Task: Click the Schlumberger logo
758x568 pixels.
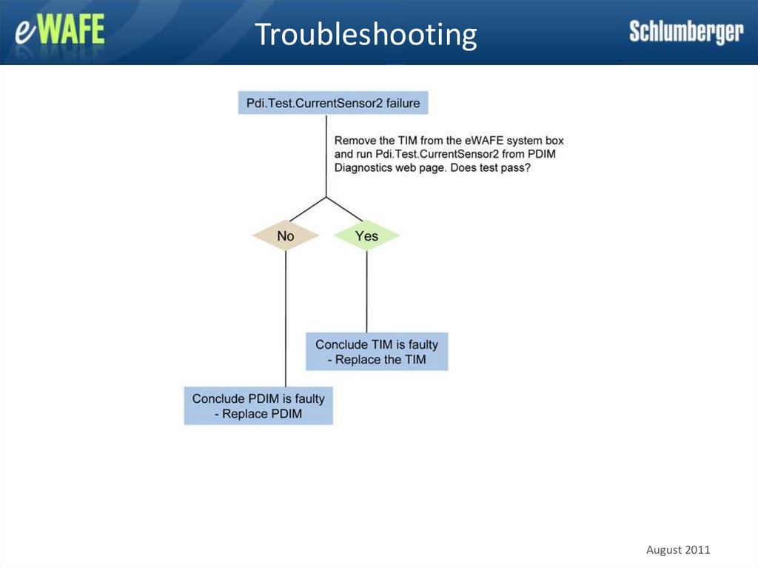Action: pyautogui.click(x=685, y=32)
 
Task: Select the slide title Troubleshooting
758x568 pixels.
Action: pyautogui.click(x=366, y=34)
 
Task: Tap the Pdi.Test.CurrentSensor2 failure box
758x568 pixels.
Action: pyautogui.click(x=333, y=103)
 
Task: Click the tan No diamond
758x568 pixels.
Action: pyautogui.click(x=286, y=236)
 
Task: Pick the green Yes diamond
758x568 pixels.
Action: pyautogui.click(x=366, y=236)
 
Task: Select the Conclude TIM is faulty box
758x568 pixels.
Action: pyautogui.click(x=377, y=352)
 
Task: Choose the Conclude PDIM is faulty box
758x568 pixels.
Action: pyautogui.click(x=258, y=406)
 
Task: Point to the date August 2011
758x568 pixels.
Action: pyautogui.click(x=678, y=549)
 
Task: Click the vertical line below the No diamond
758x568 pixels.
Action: pyautogui.click(x=286, y=318)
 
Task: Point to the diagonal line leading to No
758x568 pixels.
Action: pyautogui.click(x=306, y=210)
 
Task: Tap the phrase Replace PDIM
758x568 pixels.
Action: pyautogui.click(x=262, y=414)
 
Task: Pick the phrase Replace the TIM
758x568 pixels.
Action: pyautogui.click(x=380, y=360)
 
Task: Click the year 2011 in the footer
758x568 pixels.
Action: pyautogui.click(x=697, y=549)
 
